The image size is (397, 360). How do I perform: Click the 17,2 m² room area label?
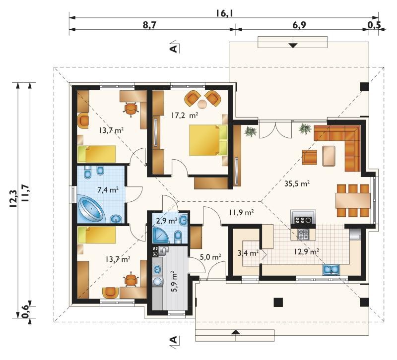pyautogui.click(x=184, y=116)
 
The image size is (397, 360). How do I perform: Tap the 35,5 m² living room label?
pyautogui.click(x=297, y=183)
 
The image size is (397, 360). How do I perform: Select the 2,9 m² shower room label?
pyautogui.click(x=167, y=221)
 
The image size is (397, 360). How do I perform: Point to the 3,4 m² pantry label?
pyautogui.click(x=248, y=252)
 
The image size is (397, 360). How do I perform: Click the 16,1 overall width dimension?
pyautogui.click(x=224, y=13)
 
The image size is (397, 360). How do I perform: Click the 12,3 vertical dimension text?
pyautogui.click(x=13, y=199)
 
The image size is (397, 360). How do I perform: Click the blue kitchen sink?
pyautogui.click(x=331, y=270)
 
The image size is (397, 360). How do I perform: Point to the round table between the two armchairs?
pyautogui.click(x=202, y=104)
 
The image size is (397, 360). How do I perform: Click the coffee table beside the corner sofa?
pyautogui.click(x=329, y=156)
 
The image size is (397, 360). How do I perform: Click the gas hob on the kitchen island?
pyautogui.click(x=303, y=234)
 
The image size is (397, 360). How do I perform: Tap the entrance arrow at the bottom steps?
pyautogui.click(x=236, y=332)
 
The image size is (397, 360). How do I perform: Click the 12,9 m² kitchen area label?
pyautogui.click(x=306, y=252)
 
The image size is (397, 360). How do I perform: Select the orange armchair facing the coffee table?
pyautogui.click(x=309, y=157)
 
